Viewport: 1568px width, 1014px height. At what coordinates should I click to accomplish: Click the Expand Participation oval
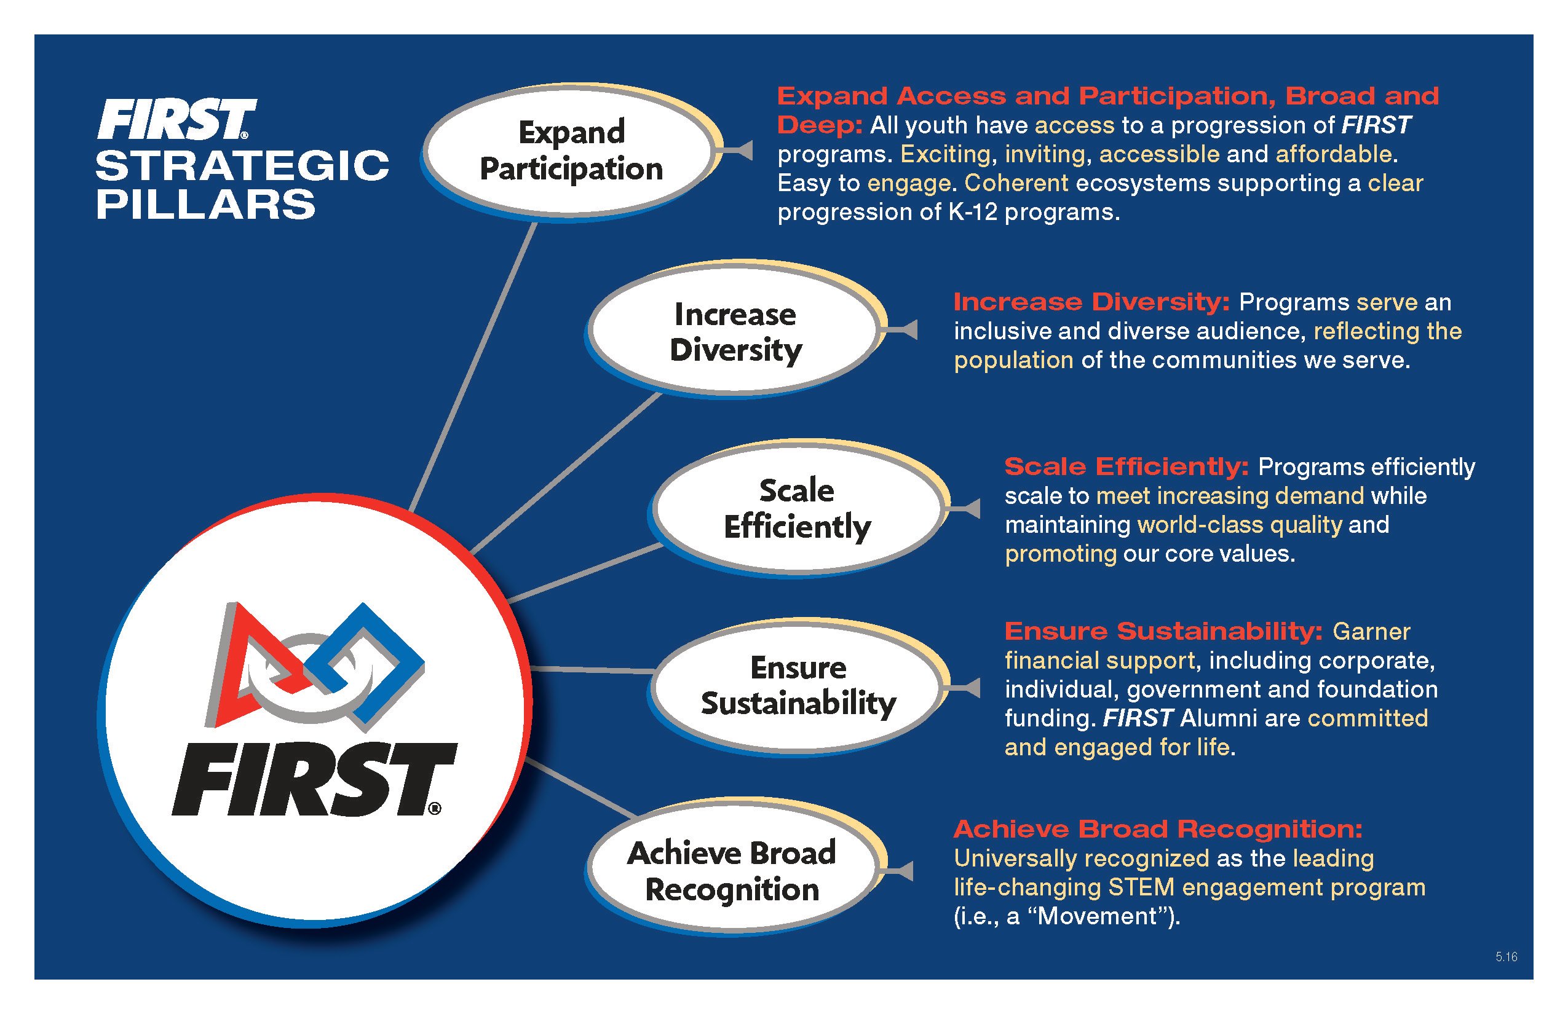tap(571, 150)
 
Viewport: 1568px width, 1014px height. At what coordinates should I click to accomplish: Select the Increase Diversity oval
tap(735, 331)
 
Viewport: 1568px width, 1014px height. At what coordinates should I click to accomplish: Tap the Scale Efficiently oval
tap(796, 508)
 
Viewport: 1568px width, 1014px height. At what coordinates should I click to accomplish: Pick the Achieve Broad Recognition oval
tap(731, 870)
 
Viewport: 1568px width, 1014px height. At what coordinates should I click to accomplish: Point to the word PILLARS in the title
tap(205, 204)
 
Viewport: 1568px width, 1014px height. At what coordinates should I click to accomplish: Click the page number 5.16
tap(1506, 957)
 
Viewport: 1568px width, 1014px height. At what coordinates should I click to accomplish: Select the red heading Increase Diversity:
tap(1091, 302)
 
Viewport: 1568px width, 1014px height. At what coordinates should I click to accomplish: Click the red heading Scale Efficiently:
tap(1126, 467)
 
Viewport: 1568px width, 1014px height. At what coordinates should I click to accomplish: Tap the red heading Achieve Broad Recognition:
tap(1157, 829)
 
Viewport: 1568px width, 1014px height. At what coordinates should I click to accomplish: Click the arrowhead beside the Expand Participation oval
tap(744, 150)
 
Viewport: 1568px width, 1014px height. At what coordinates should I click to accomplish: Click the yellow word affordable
tap(1334, 154)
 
